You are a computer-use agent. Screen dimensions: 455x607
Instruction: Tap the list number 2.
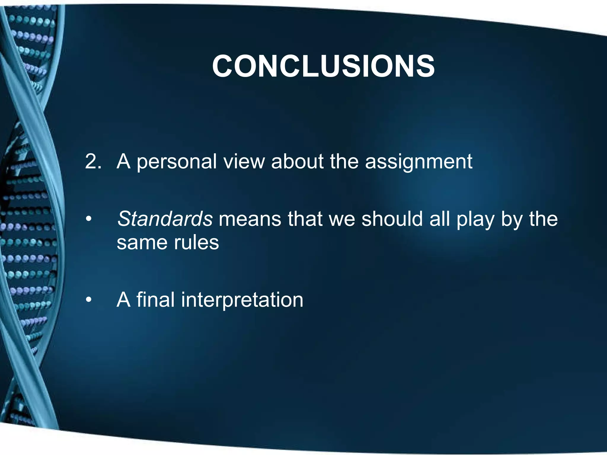pyautogui.click(x=93, y=162)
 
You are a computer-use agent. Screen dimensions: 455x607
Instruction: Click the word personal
pyautogui.click(x=177, y=162)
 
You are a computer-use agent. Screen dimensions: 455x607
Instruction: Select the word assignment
pyautogui.click(x=418, y=162)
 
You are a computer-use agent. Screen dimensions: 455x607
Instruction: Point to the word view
pyautogui.click(x=244, y=162)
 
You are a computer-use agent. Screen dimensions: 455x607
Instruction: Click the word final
pyautogui.click(x=155, y=299)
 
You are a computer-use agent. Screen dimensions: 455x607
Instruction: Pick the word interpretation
pyautogui.click(x=242, y=300)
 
